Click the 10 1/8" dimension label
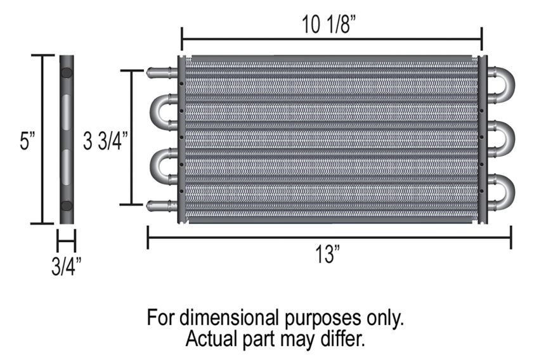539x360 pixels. [x=328, y=24]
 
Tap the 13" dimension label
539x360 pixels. [x=327, y=255]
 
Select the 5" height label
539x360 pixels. [x=27, y=141]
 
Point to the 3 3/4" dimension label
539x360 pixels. [x=105, y=141]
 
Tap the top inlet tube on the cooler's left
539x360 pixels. [x=162, y=73]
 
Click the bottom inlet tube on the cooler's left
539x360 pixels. [x=162, y=206]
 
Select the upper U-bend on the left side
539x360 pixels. [x=153, y=112]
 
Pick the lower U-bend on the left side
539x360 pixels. [x=153, y=166]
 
